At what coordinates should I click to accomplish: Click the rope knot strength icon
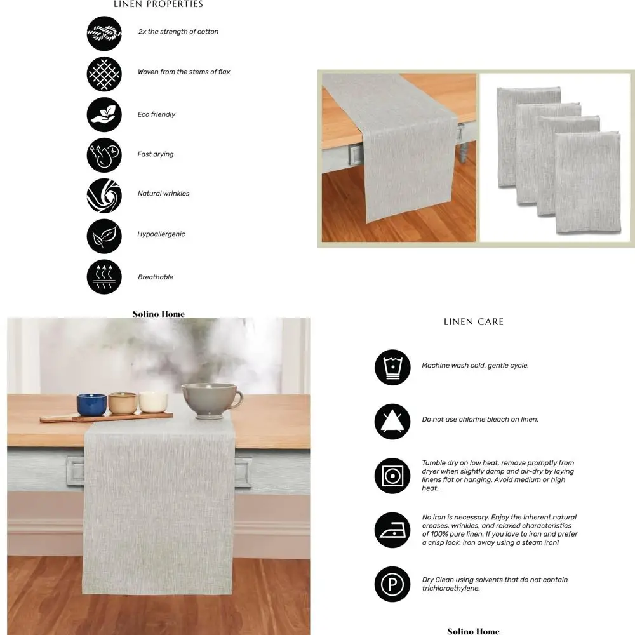(x=104, y=34)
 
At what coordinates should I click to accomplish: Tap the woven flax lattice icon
(x=104, y=74)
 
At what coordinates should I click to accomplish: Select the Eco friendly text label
(x=156, y=114)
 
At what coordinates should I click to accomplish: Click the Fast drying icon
(x=104, y=155)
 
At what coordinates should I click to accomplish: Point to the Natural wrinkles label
(x=163, y=194)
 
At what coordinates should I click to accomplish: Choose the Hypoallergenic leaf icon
(x=104, y=236)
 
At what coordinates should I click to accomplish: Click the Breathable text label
(x=156, y=277)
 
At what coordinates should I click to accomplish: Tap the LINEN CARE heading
(x=474, y=322)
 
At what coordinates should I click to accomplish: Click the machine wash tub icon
(x=392, y=367)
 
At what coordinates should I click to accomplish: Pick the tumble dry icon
(x=392, y=476)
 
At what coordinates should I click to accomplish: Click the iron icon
(x=392, y=530)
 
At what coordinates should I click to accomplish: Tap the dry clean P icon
(x=392, y=584)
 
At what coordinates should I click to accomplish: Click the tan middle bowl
(x=123, y=403)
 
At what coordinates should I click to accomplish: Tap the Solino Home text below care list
(x=473, y=631)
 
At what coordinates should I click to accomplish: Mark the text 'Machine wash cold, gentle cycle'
(x=475, y=366)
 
